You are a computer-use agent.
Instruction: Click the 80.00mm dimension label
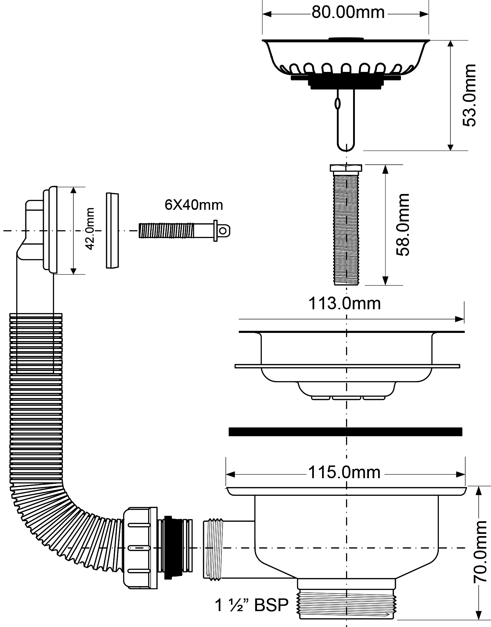click(348, 13)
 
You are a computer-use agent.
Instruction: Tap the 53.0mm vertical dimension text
click(469, 95)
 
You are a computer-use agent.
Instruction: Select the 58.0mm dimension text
click(402, 225)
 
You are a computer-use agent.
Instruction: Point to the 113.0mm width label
click(345, 303)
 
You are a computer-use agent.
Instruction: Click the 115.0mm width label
click(345, 472)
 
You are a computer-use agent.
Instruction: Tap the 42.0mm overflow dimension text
click(90, 229)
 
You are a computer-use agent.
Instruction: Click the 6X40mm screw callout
click(194, 205)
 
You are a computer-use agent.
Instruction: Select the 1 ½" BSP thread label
click(251, 605)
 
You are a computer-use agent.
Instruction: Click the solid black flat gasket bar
click(345, 432)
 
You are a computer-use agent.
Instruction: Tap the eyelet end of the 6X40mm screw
click(223, 231)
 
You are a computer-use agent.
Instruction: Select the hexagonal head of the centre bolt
click(346, 168)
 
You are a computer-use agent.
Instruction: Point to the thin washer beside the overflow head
click(113, 231)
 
